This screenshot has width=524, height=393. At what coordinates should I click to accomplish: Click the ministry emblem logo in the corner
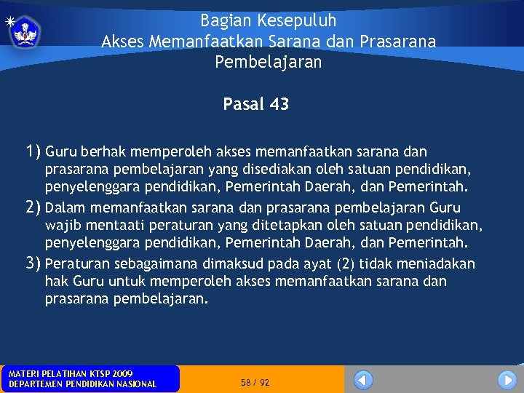tap(26, 31)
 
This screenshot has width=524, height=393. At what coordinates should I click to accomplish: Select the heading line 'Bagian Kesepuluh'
tap(268, 20)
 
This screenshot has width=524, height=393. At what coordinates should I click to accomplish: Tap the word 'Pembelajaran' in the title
tap(268, 63)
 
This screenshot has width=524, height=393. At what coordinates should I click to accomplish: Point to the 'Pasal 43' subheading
tap(255, 104)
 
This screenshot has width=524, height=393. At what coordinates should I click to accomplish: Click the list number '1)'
tap(33, 151)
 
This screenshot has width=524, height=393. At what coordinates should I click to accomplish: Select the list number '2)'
tap(33, 207)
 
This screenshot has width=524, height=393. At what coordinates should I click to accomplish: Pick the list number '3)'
tap(33, 263)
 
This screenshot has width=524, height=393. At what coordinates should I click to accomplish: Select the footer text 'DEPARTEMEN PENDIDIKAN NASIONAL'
tap(82, 384)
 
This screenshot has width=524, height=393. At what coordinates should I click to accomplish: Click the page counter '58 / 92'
tap(255, 382)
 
